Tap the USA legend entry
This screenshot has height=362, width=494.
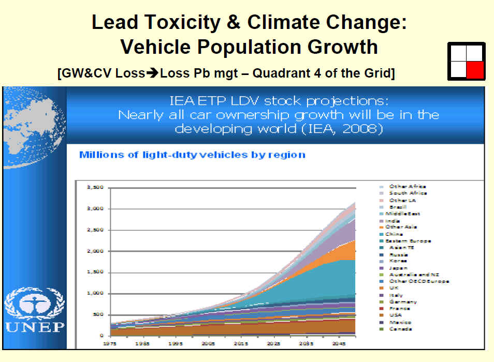click(x=396, y=315)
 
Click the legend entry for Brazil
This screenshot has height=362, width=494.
click(x=398, y=207)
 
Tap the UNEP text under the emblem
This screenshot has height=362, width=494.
click(x=35, y=327)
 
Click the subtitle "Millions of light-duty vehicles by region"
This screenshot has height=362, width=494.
click(x=192, y=155)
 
